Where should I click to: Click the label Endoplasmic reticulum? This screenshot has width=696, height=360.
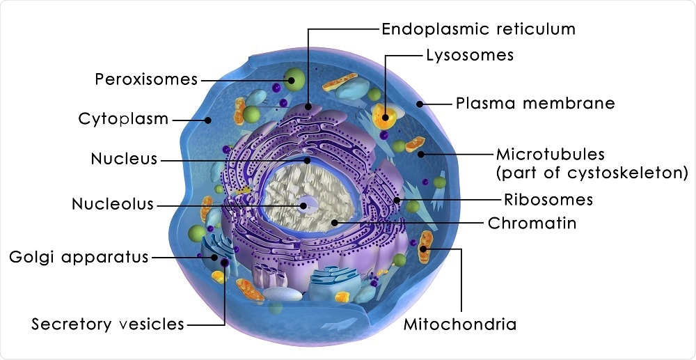coord(478,29)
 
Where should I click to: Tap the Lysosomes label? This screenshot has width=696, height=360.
coord(470,55)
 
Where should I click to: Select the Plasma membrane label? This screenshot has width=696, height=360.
coord(535,104)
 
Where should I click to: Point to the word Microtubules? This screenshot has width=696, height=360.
coord(550,153)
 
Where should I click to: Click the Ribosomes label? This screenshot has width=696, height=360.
coord(548,200)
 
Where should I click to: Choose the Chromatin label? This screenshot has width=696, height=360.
coord(532,224)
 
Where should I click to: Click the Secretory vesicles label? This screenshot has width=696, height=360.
coord(108,324)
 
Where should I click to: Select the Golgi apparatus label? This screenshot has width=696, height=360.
coord(79,257)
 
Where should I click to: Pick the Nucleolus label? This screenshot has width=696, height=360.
coord(113,205)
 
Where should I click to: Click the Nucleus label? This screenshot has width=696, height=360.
coord(124,159)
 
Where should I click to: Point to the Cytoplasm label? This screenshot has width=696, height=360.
coord(123,118)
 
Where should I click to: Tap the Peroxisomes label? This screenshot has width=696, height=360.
coord(146,79)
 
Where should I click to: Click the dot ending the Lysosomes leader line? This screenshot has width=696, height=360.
coord(384,116)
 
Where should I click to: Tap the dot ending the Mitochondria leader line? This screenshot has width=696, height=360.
coord(424,249)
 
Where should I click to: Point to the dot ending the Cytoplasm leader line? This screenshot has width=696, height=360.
coord(208,120)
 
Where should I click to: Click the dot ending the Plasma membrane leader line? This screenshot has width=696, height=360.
coord(420,104)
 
